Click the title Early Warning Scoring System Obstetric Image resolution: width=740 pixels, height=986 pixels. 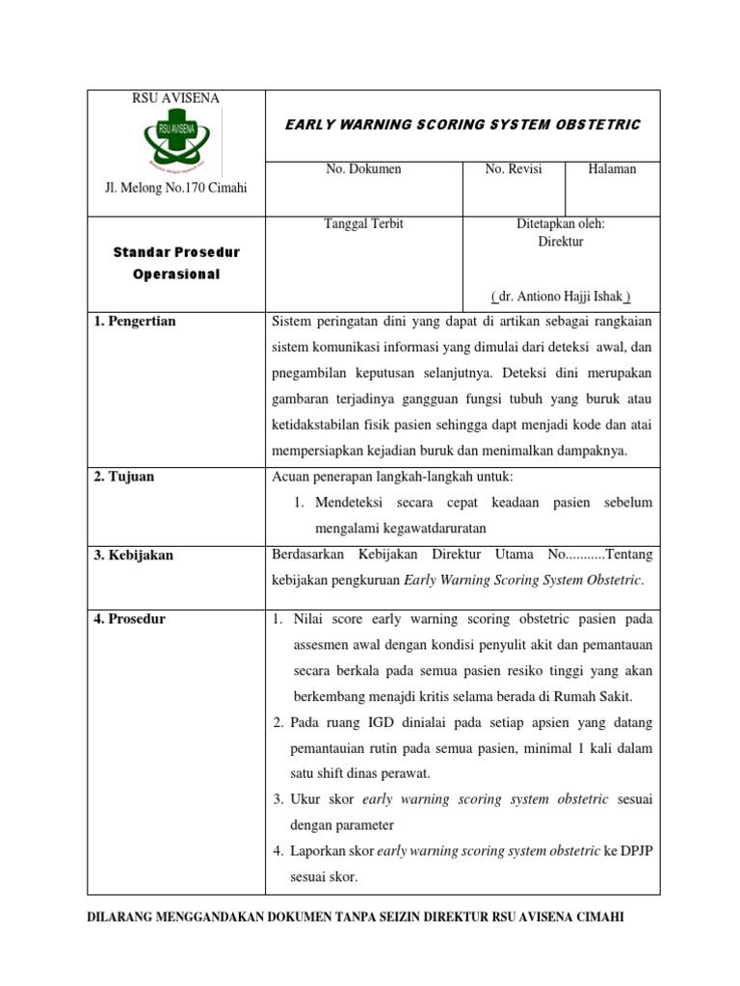pyautogui.click(x=462, y=125)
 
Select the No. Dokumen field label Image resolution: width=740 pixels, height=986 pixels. pyautogui.click(x=363, y=169)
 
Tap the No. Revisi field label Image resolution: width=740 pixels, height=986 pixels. pyautogui.click(x=513, y=169)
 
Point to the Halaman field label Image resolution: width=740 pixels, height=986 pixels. pyautogui.click(x=612, y=169)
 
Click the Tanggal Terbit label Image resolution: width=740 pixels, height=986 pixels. pyautogui.click(x=363, y=224)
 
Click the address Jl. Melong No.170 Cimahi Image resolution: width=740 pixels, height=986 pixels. pyautogui.click(x=175, y=187)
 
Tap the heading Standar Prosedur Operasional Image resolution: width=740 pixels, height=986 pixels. pyautogui.click(x=175, y=263)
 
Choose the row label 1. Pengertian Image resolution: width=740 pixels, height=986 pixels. pyautogui.click(x=135, y=322)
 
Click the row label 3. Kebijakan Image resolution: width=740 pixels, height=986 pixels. pyautogui.click(x=134, y=556)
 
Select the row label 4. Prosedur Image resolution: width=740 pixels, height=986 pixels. pyautogui.click(x=130, y=619)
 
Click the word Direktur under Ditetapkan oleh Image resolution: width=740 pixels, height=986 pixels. pyautogui.click(x=560, y=243)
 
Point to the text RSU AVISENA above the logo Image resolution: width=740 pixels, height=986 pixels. pyautogui.click(x=175, y=98)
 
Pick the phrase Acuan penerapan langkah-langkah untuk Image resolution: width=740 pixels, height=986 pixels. pyautogui.click(x=394, y=478)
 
